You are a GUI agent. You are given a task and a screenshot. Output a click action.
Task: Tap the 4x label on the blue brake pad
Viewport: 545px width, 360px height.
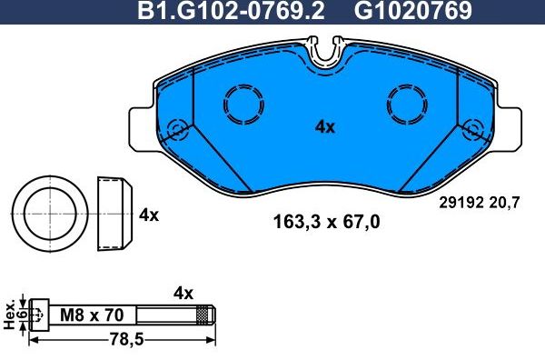325,127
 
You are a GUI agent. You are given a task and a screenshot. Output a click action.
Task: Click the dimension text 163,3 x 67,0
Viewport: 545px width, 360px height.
326,221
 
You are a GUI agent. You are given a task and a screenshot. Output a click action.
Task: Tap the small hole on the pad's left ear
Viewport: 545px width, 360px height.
178,128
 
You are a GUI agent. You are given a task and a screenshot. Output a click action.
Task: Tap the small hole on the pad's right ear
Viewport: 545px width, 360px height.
471,128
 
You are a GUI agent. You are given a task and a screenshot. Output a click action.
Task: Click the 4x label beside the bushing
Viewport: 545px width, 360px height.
149,215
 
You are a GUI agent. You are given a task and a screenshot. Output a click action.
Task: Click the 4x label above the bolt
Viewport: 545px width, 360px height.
183,293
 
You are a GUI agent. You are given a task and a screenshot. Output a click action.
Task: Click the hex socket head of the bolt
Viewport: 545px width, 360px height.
38,315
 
